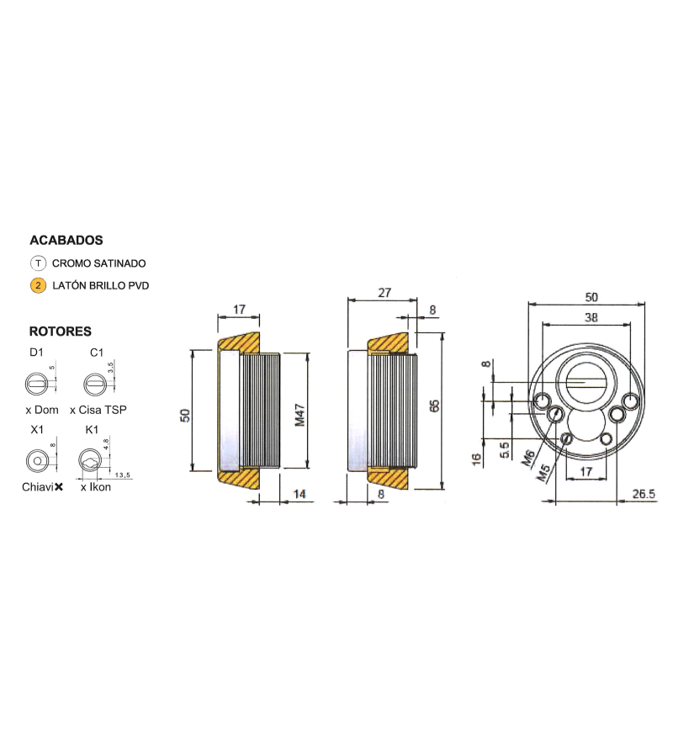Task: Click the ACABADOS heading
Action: click(66, 240)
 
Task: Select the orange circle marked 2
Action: click(38, 286)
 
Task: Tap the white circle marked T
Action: click(38, 263)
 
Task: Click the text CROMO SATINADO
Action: click(98, 263)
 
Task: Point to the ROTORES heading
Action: click(60, 331)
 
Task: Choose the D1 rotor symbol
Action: click(36, 384)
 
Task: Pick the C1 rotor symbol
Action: click(94, 384)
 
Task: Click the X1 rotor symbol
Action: click(37, 461)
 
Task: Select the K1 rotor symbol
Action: click(90, 461)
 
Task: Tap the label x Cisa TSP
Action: click(98, 410)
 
